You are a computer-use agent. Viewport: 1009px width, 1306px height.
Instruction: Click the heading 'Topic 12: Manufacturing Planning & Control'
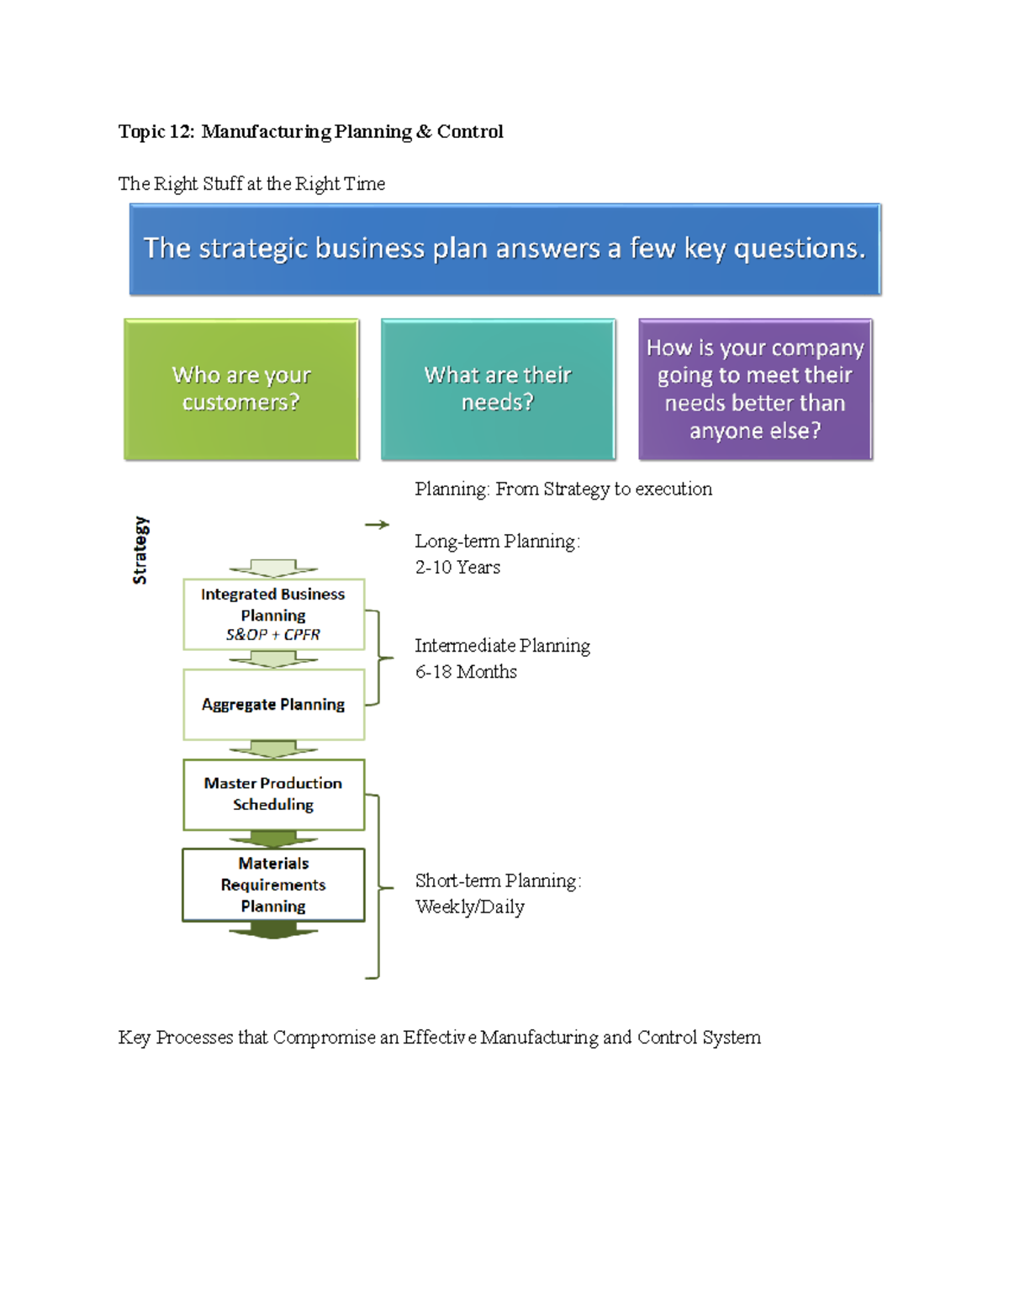coord(310,132)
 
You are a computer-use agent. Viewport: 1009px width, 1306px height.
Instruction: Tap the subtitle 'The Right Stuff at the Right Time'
coord(251,184)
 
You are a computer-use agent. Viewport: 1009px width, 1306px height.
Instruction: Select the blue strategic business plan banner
coord(504,249)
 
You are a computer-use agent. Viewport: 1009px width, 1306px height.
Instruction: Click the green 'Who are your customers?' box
coord(241,389)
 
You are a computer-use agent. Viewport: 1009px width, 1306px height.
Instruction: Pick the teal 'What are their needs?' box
coord(498,389)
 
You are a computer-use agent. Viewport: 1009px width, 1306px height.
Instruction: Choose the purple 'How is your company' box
coord(755,389)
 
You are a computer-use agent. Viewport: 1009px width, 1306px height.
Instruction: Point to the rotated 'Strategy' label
coord(140,551)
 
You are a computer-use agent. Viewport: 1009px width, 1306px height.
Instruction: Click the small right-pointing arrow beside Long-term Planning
coord(377,525)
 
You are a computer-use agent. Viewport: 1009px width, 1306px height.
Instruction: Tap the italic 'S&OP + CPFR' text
coord(273,635)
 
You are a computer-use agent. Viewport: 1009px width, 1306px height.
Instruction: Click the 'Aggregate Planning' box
coord(273,705)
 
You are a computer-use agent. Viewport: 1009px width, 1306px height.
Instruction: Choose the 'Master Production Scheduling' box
coord(273,794)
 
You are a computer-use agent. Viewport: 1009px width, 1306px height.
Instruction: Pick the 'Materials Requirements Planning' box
coord(273,885)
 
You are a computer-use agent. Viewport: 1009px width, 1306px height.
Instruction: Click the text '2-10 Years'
coord(457,568)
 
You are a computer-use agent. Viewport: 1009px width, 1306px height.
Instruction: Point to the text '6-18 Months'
coord(466,672)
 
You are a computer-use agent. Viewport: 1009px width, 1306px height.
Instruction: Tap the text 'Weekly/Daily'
coord(469,907)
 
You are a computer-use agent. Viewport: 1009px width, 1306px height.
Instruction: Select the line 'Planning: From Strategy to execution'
coord(563,489)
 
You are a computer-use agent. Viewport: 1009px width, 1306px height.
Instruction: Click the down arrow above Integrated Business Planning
coord(273,568)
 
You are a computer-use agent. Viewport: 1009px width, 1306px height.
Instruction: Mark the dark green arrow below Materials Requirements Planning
coord(273,930)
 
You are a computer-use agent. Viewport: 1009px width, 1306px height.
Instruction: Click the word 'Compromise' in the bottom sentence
coord(324,1038)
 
